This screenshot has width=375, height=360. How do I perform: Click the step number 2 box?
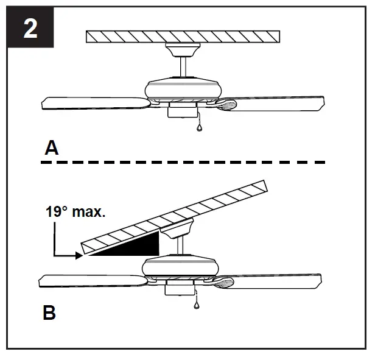(x=30, y=29)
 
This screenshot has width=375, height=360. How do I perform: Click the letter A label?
(x=52, y=147)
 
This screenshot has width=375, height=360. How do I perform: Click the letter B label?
(x=50, y=313)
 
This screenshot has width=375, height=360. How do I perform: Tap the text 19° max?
(x=75, y=213)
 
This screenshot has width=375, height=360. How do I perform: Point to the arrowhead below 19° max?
(x=77, y=256)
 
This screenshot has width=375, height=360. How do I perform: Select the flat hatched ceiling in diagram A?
(x=183, y=37)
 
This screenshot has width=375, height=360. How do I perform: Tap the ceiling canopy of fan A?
(x=183, y=48)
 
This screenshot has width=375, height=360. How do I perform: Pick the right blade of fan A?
(x=280, y=102)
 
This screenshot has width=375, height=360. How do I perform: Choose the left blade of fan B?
(x=91, y=281)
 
